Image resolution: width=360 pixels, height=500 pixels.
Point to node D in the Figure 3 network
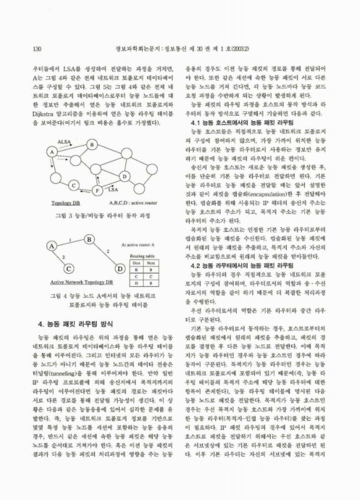124,176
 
